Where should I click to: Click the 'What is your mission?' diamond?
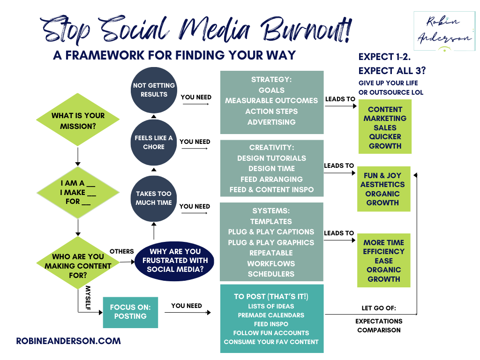coord(78,120)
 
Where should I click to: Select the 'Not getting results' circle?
coord(154,90)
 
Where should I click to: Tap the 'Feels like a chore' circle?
coord(154,142)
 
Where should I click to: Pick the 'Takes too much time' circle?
coord(154,198)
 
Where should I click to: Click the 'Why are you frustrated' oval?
coord(174,260)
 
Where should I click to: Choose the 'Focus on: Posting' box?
coord(130,312)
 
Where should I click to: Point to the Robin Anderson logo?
coord(444,31)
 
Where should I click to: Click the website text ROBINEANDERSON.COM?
coord(68,341)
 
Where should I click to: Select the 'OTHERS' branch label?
coord(122,251)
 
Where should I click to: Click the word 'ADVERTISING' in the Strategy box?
coord(272,122)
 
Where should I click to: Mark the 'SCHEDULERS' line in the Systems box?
coord(271,274)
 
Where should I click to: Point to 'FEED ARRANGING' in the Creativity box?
coord(272,179)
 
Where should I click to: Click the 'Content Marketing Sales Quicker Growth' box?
coord(385,127)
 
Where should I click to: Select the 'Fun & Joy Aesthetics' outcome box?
coord(383,189)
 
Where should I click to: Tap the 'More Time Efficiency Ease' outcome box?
coord(383,260)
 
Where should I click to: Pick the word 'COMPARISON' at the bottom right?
coord(379,330)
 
